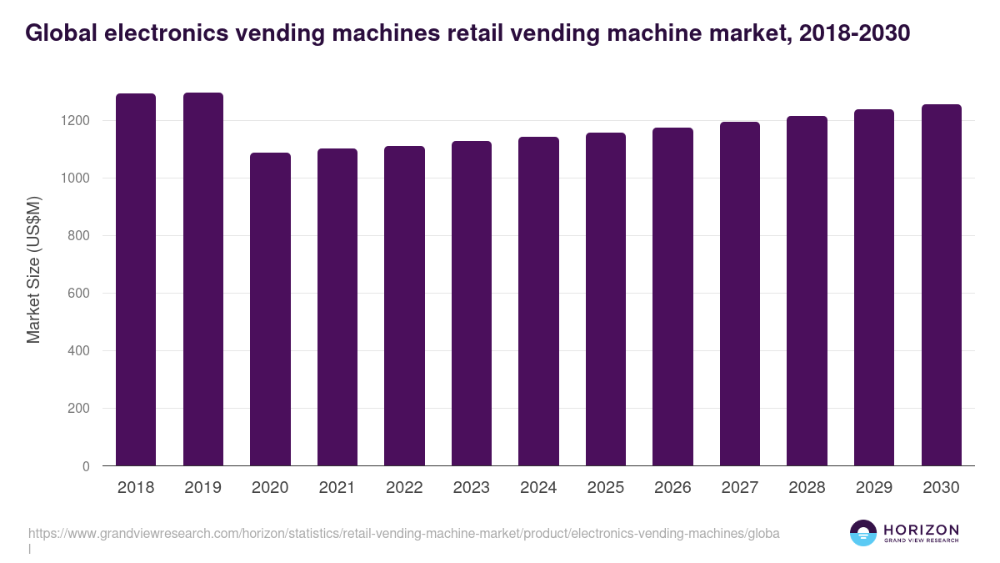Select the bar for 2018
click(x=136, y=279)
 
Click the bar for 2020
click(x=270, y=309)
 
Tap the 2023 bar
click(x=472, y=303)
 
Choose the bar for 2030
click(x=941, y=284)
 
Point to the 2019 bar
click(x=203, y=279)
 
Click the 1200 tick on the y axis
click(x=75, y=121)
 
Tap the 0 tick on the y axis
click(x=87, y=466)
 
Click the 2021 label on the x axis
click(x=337, y=488)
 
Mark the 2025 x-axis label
click(x=606, y=488)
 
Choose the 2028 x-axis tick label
click(x=807, y=488)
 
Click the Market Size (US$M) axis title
click(x=33, y=270)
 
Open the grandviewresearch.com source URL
click(x=404, y=533)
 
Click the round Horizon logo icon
click(x=863, y=533)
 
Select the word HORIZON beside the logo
click(x=921, y=529)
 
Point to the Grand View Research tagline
click(x=921, y=540)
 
